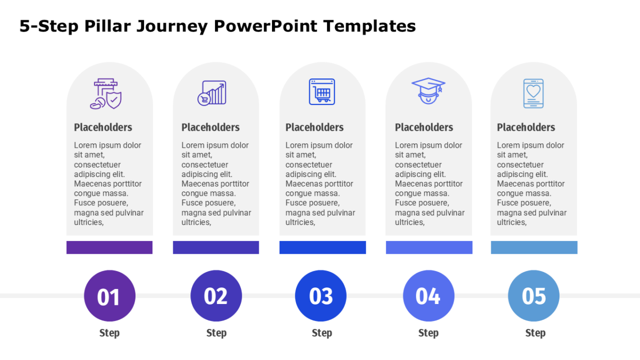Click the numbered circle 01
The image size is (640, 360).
pos(110,295)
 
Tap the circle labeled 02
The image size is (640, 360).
pos(216,295)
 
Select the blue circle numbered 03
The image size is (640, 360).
pos(321,295)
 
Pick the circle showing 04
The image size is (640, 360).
pos(429,295)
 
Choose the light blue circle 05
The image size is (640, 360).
pos(534,295)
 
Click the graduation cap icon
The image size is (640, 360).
pos(428,91)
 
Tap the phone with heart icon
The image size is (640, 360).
pos(533,93)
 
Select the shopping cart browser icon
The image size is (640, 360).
pos(322,92)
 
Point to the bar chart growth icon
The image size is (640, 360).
pos(212,93)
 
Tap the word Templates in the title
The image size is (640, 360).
pos(370,27)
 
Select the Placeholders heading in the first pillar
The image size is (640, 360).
pos(103,127)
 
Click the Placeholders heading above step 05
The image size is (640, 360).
pos(526,127)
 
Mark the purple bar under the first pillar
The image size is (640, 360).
pos(109,247)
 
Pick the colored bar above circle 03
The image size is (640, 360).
pos(323,247)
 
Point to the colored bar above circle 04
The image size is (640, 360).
pos(429,247)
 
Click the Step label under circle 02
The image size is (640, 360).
pos(217,333)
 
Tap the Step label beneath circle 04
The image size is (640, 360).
pos(429,333)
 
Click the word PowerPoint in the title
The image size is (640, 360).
pos(266,26)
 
